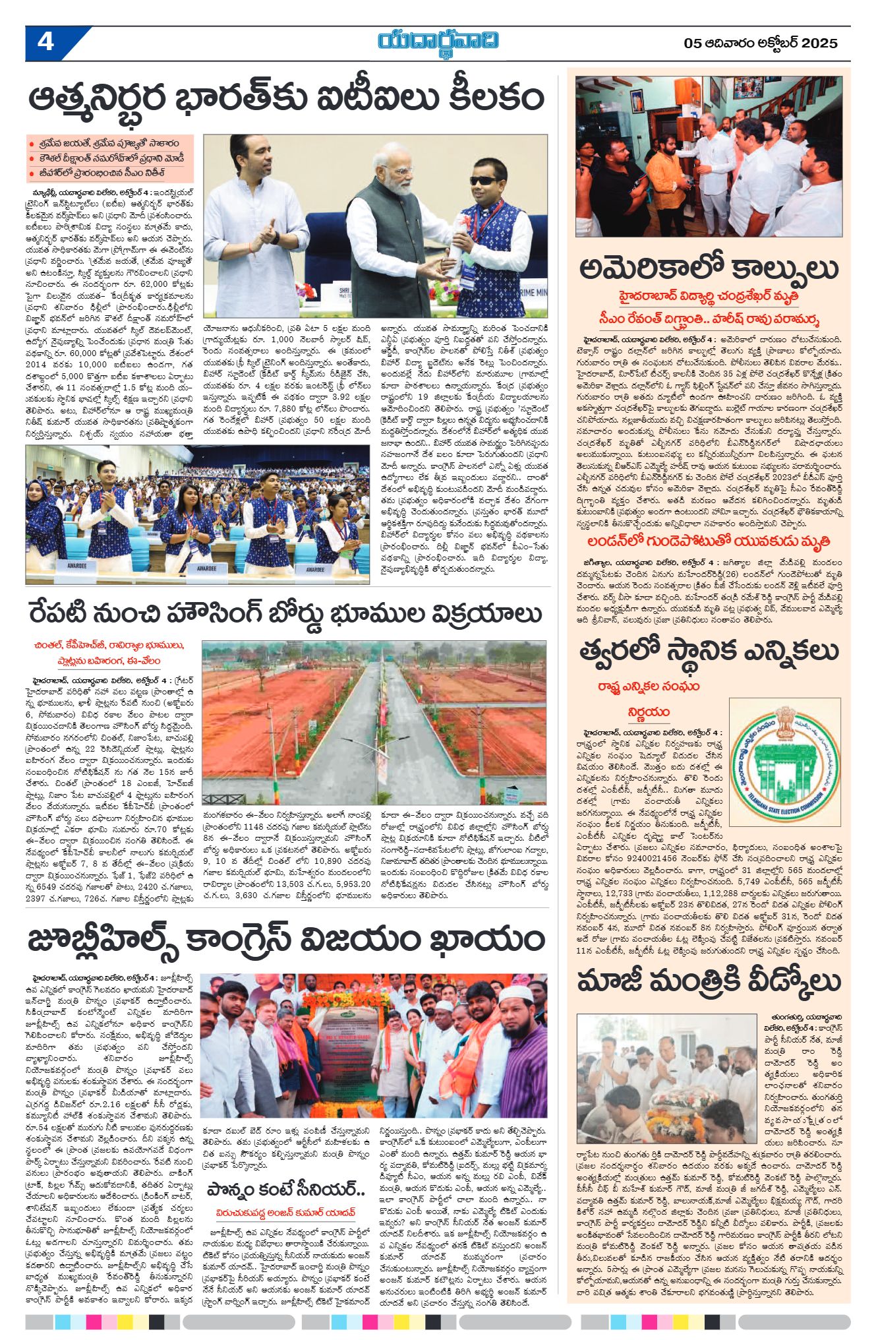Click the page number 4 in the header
[x=46, y=43]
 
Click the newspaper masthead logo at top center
[x=438, y=41]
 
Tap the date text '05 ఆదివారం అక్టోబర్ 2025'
[x=761, y=44]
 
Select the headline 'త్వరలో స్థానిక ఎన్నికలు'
[x=709, y=652]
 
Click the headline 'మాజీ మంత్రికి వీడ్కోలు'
[x=709, y=981]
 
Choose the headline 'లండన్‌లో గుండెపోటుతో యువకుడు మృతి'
[x=709, y=541]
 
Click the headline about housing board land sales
[x=285, y=613]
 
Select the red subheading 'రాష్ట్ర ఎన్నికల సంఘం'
[x=649, y=686]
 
